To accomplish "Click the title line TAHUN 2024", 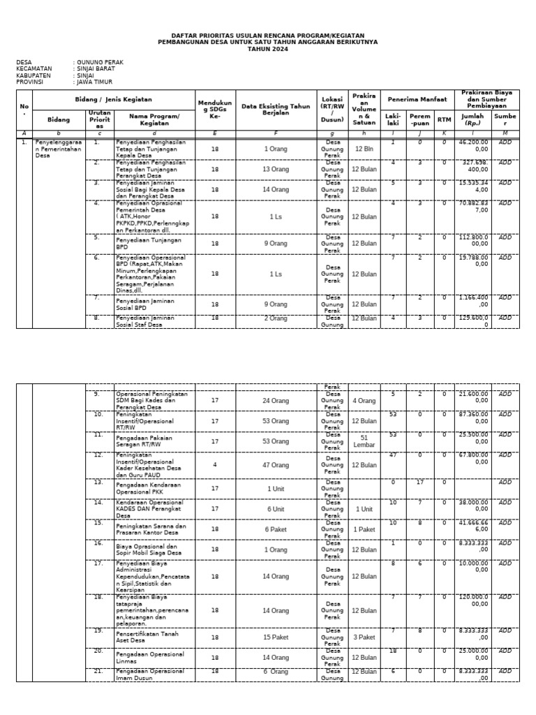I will [267, 48].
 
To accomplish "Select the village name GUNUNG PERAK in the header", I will [100, 62].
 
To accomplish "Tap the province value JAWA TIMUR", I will [97, 81].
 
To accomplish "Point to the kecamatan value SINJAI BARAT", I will [96, 68].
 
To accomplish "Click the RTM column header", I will [444, 119].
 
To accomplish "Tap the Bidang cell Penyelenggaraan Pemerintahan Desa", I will [59, 149].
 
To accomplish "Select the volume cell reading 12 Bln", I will [364, 149].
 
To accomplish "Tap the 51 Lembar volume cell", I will [364, 441].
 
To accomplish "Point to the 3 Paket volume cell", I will [364, 637].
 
